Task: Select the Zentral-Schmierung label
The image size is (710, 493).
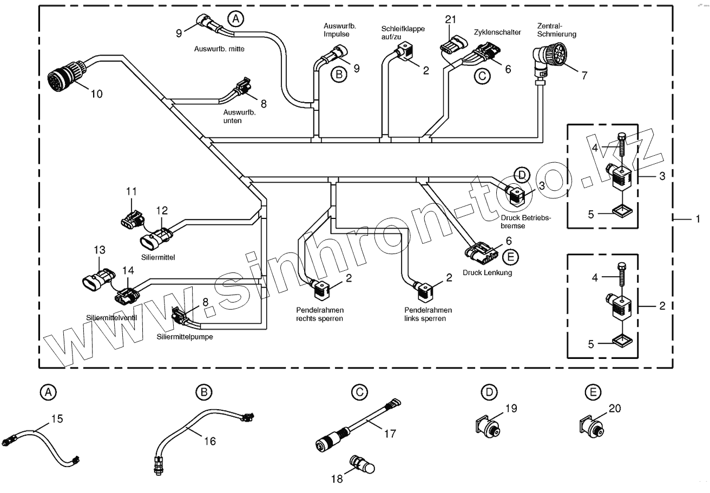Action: tap(556, 30)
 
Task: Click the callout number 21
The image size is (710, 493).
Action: tap(451, 19)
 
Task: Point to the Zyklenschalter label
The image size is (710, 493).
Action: tap(497, 32)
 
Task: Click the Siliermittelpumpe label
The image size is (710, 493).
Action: tap(185, 337)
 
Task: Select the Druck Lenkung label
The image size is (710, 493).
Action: tap(487, 273)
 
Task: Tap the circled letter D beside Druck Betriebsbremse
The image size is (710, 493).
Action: tap(521, 174)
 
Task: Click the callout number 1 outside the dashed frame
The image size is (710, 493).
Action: tap(698, 219)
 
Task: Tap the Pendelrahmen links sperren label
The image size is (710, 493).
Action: tap(428, 314)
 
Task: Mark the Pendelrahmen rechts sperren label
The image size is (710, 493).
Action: tap(319, 314)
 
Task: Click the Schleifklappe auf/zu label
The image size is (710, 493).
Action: tap(403, 33)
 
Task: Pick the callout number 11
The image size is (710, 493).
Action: tap(132, 191)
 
